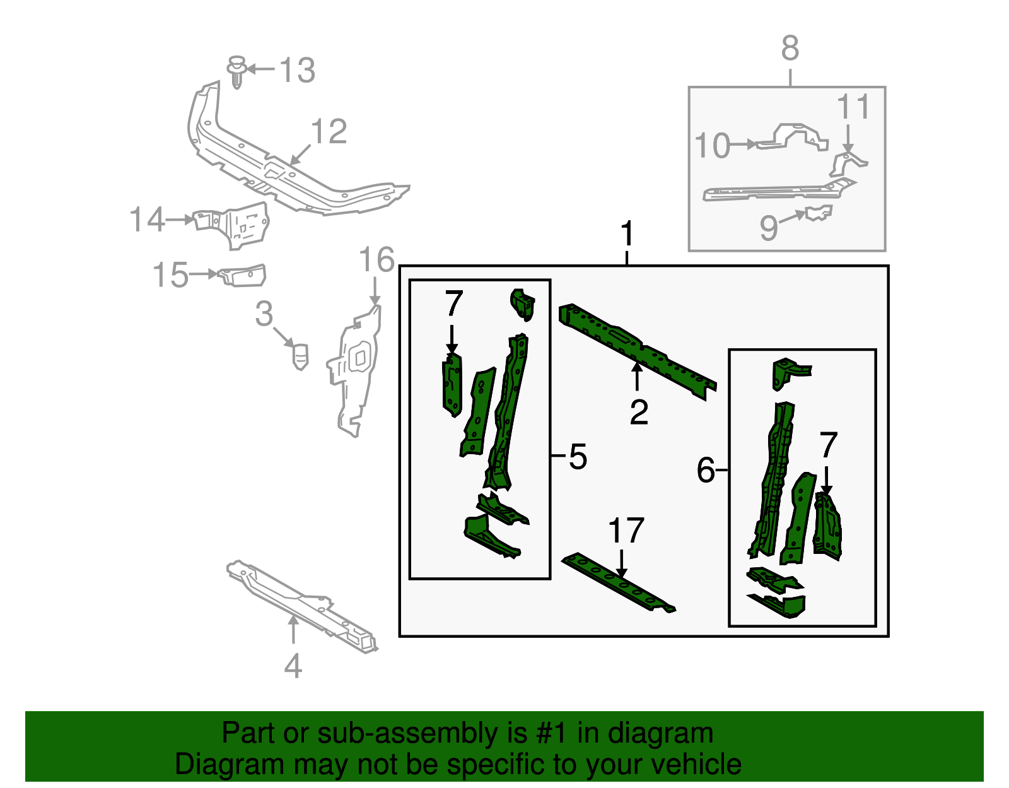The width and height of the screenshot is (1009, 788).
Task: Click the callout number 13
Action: (x=297, y=70)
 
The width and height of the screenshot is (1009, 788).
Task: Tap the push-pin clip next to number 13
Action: (x=236, y=70)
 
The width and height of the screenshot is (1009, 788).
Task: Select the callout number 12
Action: (x=329, y=132)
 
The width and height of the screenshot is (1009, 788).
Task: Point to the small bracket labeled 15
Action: (x=243, y=275)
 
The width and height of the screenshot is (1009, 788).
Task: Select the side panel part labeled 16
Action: (x=355, y=372)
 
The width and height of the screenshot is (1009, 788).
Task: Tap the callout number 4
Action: (x=293, y=666)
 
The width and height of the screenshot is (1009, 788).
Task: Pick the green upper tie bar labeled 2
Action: (x=637, y=350)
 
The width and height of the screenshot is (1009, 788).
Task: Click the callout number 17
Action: (x=626, y=531)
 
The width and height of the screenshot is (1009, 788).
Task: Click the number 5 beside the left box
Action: (x=578, y=456)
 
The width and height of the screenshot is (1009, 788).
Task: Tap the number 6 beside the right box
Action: (x=706, y=470)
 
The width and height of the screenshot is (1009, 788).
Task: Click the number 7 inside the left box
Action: (x=453, y=303)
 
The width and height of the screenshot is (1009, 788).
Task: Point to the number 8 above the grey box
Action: (x=790, y=49)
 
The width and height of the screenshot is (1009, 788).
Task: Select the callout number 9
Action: (x=768, y=227)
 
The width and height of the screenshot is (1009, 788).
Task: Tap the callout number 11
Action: (x=853, y=107)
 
